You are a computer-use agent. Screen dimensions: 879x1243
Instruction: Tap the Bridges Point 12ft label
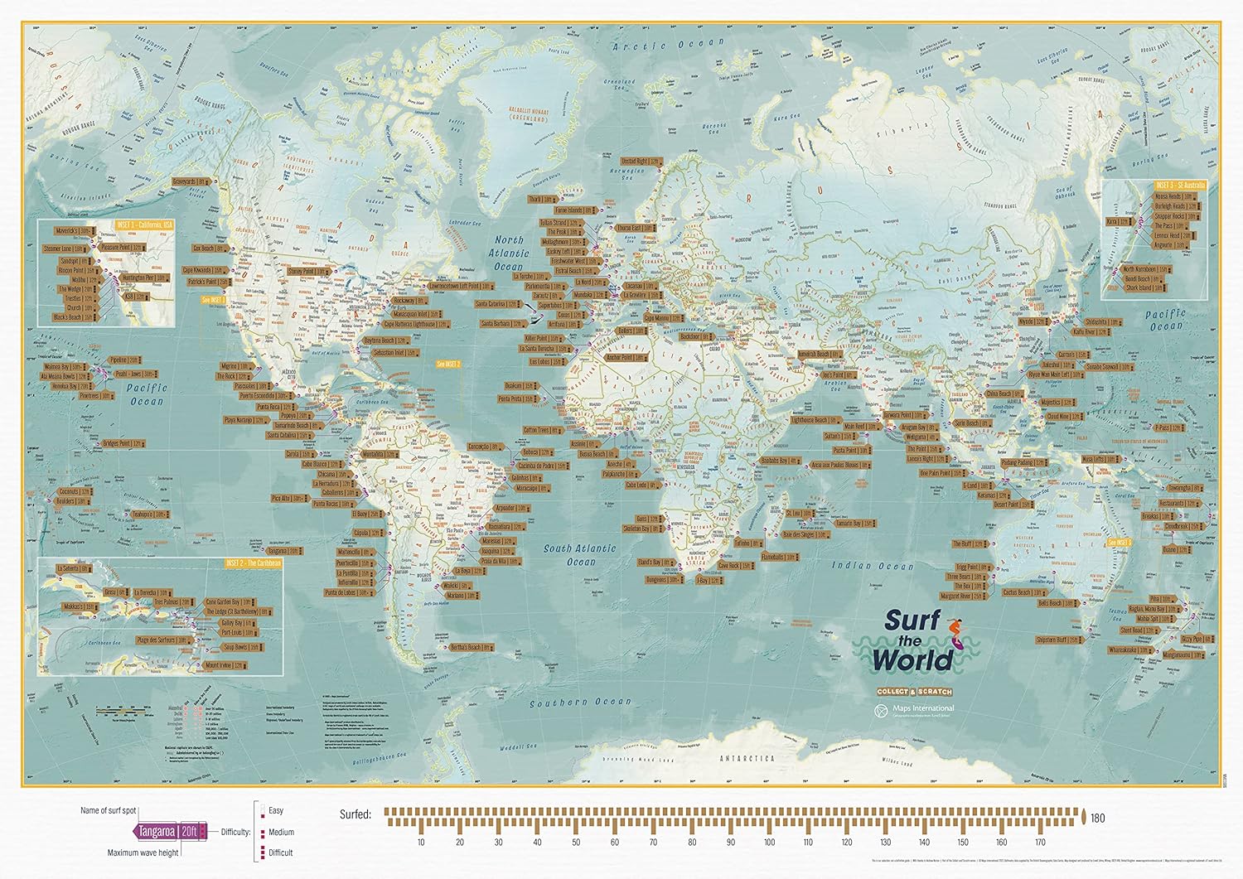click(123, 444)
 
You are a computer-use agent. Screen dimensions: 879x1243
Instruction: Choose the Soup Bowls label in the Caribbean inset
click(235, 647)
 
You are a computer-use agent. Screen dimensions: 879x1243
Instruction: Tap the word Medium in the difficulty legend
click(281, 832)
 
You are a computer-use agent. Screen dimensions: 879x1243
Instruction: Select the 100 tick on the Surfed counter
click(769, 843)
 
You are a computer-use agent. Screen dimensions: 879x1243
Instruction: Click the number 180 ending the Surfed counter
click(1098, 819)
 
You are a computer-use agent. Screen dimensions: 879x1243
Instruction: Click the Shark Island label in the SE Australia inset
click(1144, 288)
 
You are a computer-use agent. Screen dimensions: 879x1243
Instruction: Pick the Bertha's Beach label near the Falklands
click(470, 647)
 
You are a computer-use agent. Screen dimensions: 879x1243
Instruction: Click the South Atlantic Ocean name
click(580, 555)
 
